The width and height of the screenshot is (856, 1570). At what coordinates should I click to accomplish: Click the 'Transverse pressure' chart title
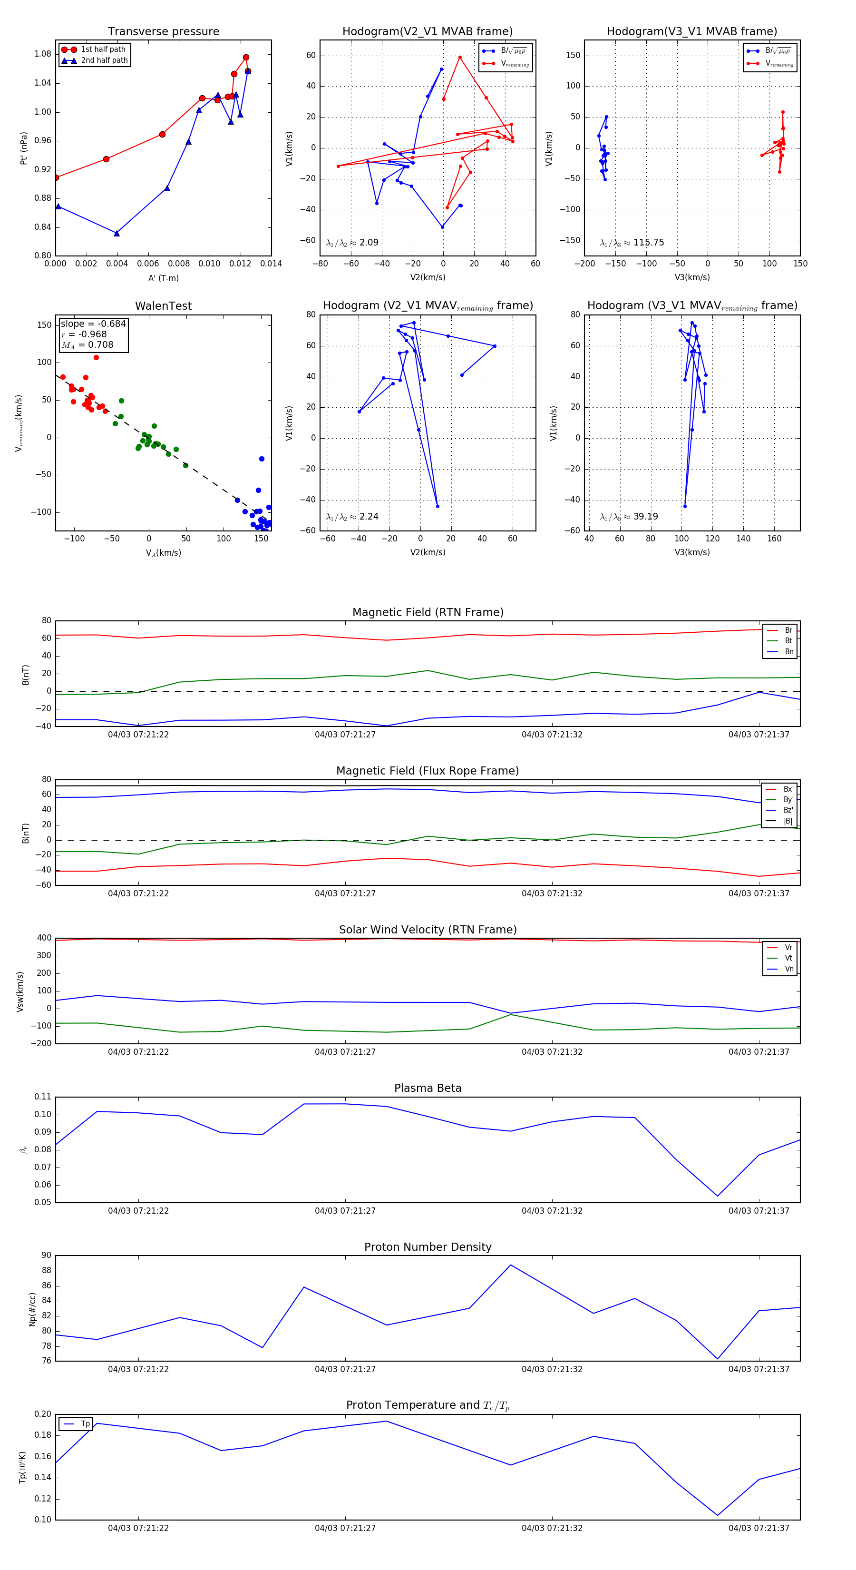(x=163, y=32)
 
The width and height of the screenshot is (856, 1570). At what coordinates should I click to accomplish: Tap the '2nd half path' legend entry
(x=104, y=60)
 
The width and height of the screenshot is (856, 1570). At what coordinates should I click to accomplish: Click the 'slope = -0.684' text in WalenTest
(x=93, y=324)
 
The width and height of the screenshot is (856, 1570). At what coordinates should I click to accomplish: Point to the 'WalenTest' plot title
(x=163, y=306)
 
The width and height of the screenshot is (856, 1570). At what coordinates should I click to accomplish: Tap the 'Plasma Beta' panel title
(x=428, y=1089)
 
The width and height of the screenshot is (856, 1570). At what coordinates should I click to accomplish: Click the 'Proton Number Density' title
(x=428, y=1247)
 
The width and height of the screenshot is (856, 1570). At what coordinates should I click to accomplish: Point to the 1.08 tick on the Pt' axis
(x=43, y=54)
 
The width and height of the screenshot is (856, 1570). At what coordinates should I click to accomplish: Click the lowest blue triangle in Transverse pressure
(x=117, y=234)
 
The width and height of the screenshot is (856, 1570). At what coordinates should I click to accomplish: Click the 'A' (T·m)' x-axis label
(x=163, y=278)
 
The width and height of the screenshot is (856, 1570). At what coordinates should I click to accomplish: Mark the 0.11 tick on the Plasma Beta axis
(x=43, y=1097)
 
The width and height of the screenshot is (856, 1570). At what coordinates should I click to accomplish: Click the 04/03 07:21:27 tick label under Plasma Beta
(x=345, y=1211)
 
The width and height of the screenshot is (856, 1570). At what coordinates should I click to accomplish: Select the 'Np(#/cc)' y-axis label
(x=33, y=1309)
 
